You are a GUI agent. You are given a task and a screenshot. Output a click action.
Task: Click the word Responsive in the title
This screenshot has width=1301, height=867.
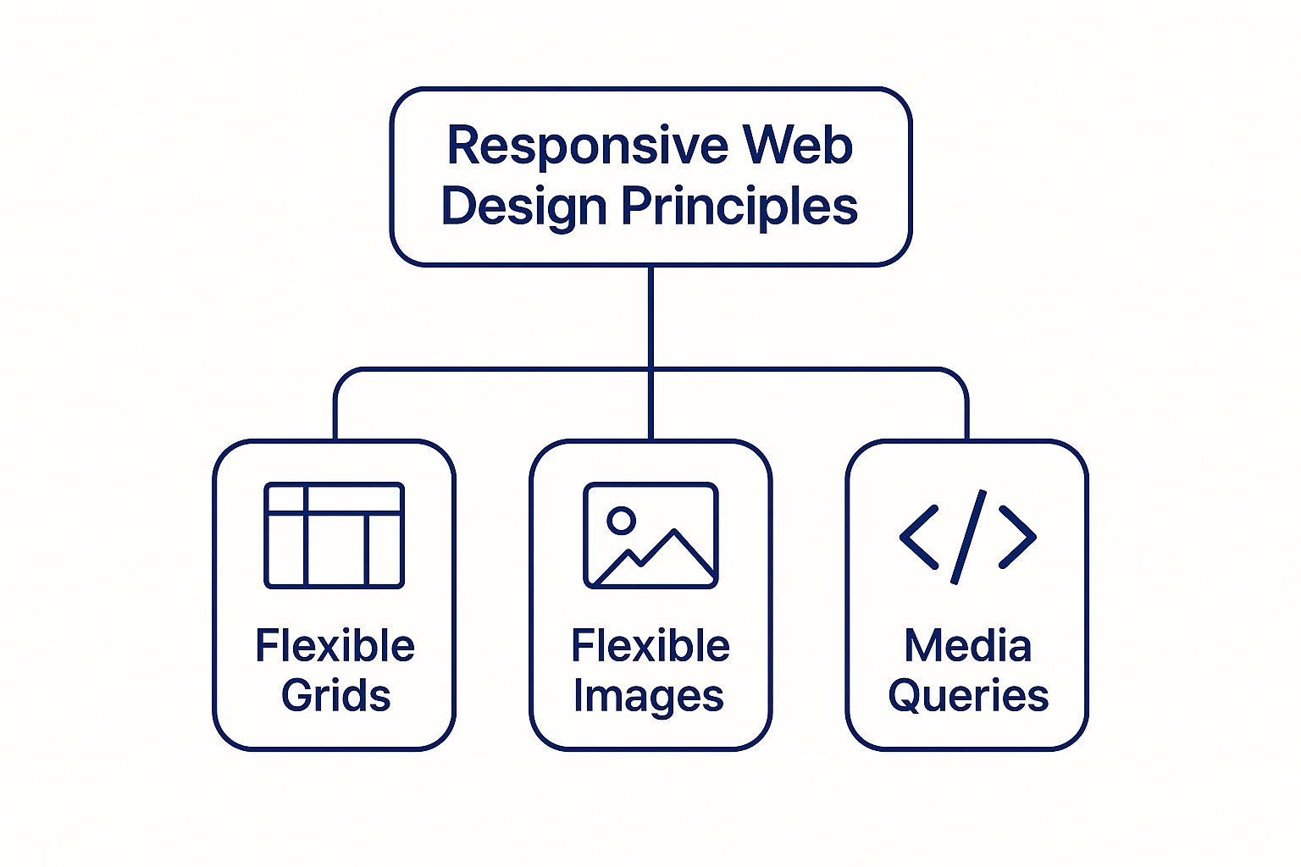point(587,146)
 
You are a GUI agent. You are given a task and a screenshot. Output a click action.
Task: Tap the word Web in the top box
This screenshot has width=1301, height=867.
point(797,146)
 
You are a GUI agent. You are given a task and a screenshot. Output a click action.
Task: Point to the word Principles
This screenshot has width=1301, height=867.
point(739,207)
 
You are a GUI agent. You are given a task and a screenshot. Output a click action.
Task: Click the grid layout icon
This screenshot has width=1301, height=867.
point(334,535)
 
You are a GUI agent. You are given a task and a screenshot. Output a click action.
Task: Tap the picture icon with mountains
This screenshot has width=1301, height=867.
point(650,535)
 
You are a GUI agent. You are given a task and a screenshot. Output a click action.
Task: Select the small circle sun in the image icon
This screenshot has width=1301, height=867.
point(621,520)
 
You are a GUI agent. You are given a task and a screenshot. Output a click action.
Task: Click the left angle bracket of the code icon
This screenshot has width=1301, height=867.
point(919,536)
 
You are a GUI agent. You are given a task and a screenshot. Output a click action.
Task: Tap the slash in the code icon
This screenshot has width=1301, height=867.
point(968,537)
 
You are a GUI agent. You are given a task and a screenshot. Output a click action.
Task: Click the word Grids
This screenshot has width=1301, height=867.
point(335,695)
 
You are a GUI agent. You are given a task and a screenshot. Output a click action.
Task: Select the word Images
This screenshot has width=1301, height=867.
point(648,697)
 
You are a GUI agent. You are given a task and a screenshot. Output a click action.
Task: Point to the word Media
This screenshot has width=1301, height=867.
point(967,646)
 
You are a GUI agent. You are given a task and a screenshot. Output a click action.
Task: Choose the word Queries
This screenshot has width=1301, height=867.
point(968,696)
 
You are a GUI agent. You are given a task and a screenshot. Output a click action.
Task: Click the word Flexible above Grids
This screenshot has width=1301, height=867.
point(335,646)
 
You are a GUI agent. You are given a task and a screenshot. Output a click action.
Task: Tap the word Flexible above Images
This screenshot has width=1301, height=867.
point(650,646)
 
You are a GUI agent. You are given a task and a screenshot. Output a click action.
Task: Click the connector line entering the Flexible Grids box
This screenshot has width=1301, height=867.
point(335,415)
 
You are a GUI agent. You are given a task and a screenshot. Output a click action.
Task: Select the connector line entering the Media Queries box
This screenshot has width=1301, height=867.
point(966,415)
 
